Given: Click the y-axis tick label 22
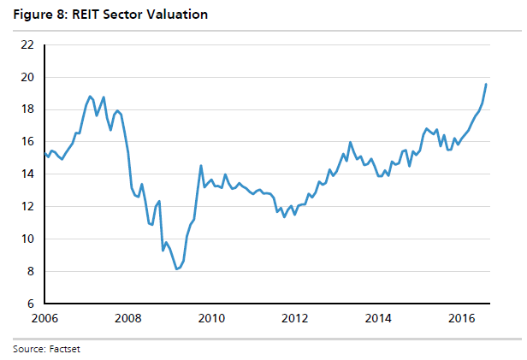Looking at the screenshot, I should pos(27,44).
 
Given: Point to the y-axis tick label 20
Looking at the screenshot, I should pos(27,77).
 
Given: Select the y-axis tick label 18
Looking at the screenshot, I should pos(27,109).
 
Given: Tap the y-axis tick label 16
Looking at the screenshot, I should pos(27,142).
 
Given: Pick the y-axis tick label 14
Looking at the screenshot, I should pos(27,174).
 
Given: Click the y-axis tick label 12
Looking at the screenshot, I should pos(27,207).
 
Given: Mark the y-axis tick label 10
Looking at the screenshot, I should pos(27,239).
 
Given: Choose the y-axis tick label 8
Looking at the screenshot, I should pos(30,272).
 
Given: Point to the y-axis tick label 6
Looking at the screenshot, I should pos(30,304).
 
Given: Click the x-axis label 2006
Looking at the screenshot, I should pos(44,320).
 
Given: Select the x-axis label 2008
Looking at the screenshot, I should pos(127,320).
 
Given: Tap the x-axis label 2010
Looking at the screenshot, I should pos(211,320).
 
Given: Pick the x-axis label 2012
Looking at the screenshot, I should pos(295,320).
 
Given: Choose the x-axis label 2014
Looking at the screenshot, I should pos(379,320).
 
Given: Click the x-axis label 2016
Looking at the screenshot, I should pos(463,320).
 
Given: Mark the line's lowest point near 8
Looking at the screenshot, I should pos(176,269).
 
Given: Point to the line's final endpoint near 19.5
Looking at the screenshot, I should pos(486,84).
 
